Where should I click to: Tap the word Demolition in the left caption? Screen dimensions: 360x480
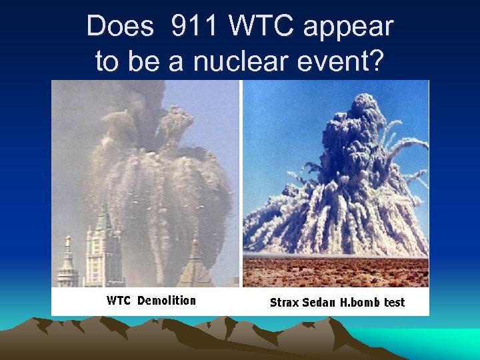coord(167,300)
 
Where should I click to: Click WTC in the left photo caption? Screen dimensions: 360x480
coord(120,300)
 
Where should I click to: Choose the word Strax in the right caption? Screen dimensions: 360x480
coord(284,302)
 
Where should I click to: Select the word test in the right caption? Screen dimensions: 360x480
coord(394,302)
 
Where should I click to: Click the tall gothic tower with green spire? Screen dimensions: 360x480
coord(104,247)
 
